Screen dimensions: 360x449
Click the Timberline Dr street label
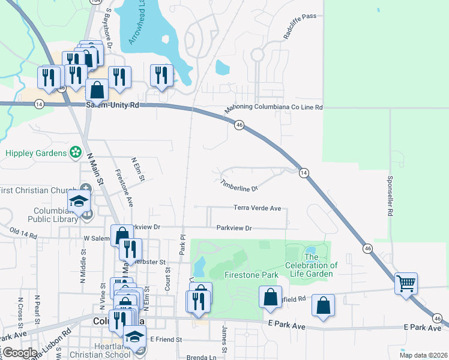(239, 186)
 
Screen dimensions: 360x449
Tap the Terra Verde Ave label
(258, 208)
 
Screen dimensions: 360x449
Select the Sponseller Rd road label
(390, 196)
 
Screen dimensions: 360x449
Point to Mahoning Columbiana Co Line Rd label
(274, 108)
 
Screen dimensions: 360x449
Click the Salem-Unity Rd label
(112, 104)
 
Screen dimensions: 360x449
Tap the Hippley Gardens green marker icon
(76, 153)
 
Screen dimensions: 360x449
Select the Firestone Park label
(251, 275)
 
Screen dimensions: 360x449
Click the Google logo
(19, 353)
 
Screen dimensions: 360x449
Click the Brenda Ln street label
(201, 357)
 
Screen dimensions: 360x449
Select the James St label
(224, 340)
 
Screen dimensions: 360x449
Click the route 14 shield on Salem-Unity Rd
(39, 104)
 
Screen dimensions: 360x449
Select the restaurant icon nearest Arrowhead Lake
(161, 74)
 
